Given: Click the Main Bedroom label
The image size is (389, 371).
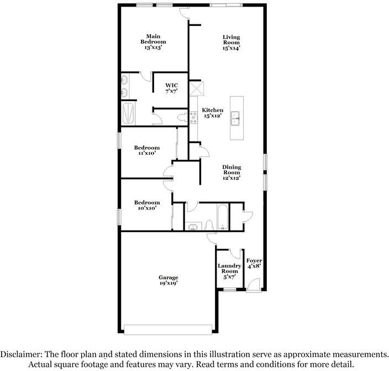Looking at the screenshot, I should tap(153, 39).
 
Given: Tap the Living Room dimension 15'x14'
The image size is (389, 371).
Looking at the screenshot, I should tap(231, 48).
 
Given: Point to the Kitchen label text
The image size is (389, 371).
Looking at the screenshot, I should tap(212, 110).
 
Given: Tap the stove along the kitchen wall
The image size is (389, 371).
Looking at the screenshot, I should tap(193, 116).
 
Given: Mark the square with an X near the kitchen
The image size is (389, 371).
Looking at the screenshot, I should tap(197, 89).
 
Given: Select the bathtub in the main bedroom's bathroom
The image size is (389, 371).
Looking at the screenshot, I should tap(128, 114).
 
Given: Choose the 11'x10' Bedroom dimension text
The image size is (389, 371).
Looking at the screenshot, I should tap(147, 153).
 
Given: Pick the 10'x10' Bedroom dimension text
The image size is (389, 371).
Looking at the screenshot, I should tap(147, 208).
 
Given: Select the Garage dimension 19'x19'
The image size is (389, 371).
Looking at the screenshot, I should tap(169, 283).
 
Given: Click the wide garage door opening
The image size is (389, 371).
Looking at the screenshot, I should tap(168, 329).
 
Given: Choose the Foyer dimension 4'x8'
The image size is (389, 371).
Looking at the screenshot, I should tap(254, 266).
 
